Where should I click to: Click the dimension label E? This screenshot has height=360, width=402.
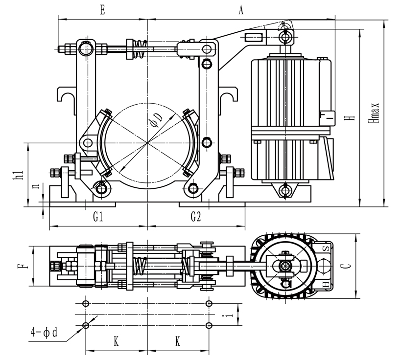(102, 10)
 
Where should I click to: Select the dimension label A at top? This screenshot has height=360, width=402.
(240, 10)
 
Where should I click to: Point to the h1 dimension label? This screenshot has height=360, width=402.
(17, 175)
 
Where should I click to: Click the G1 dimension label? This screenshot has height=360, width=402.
(98, 217)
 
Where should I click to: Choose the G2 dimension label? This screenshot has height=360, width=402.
(195, 217)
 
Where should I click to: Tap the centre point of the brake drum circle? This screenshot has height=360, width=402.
(147, 142)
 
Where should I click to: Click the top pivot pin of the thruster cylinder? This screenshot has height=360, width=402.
(285, 37)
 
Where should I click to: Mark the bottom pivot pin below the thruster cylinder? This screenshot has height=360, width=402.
(285, 189)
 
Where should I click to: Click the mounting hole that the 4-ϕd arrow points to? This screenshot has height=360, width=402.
(86, 325)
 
